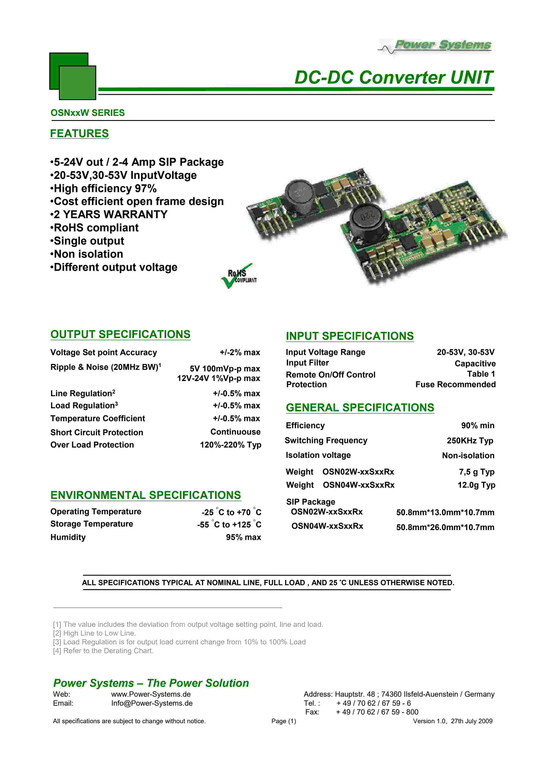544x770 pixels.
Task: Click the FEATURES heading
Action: [x=79, y=133]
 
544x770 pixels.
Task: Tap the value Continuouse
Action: [x=235, y=432]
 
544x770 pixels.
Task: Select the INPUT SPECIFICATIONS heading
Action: [x=350, y=336]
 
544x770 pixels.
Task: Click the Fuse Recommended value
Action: [x=455, y=384]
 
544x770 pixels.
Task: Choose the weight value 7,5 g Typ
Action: [x=476, y=472]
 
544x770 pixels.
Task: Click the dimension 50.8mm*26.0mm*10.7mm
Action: [x=445, y=527]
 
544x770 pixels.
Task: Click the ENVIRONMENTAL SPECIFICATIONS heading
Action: [x=145, y=495]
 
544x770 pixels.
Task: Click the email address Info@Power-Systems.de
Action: [x=152, y=703]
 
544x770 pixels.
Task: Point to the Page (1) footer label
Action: [x=284, y=721]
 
